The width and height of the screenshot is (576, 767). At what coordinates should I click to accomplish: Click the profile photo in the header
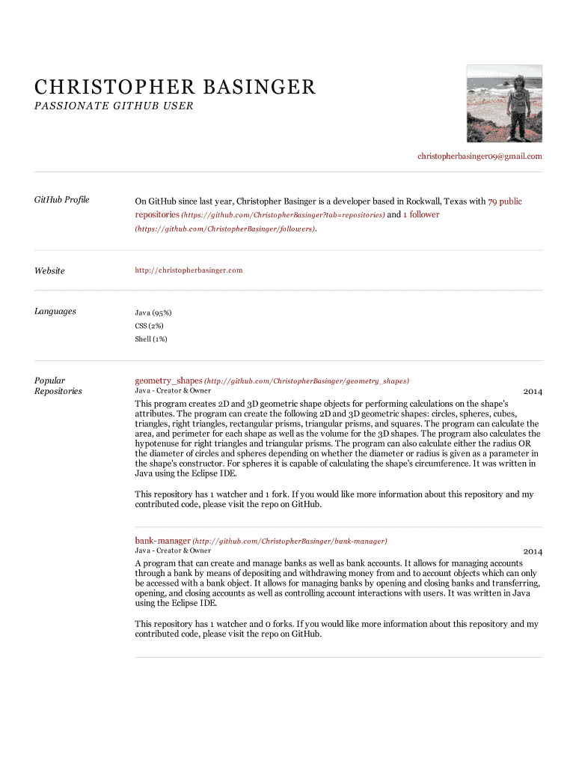pos(504,103)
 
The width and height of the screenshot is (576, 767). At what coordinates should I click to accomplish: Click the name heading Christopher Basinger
pos(175,88)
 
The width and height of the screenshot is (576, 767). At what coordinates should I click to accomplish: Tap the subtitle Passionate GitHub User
pos(114,106)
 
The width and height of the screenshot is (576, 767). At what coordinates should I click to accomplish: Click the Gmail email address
pos(480,157)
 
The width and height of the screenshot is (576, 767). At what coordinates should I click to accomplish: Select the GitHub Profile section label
pos(62,200)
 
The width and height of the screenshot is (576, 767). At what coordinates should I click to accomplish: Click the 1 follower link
pos(421,215)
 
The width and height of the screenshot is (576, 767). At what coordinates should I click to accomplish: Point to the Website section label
pos(49,270)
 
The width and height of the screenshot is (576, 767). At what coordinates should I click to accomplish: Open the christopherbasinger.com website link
pos(189,270)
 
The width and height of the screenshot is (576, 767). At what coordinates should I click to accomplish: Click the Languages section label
pos(55,312)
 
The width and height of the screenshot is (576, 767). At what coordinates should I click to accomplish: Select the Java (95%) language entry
pos(153,312)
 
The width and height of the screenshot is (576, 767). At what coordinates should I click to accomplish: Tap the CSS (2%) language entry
pos(149,326)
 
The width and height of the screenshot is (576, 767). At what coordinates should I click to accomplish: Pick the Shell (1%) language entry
pos(151,339)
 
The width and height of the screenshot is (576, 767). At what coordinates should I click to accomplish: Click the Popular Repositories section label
pos(58,386)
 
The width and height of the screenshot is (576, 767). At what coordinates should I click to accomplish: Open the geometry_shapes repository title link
pos(168,381)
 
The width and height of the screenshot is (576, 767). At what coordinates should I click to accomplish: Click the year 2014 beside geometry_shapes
pos(533,392)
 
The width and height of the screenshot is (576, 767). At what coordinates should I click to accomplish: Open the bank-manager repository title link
pos(162,540)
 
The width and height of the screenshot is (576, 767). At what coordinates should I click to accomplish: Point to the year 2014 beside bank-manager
pos(533,552)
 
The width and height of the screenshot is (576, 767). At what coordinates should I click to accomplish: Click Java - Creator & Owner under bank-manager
pos(173,551)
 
